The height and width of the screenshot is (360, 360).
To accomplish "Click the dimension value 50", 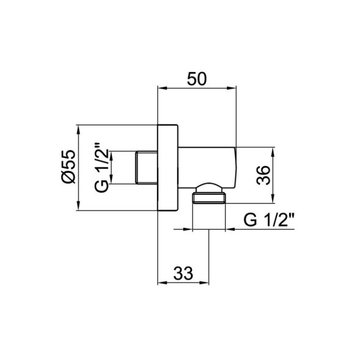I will pos(197,79).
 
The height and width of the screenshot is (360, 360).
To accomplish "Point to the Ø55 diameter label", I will pos(68,166).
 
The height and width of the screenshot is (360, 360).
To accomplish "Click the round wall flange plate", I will pos(169,167).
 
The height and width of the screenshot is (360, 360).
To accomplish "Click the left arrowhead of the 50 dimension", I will pos(162,87).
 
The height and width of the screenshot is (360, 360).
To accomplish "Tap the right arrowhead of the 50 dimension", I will pos(233,87).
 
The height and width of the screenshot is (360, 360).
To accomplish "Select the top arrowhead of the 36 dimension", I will pos(273,150).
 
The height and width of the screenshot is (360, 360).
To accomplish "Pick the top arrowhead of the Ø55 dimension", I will pos(79,130).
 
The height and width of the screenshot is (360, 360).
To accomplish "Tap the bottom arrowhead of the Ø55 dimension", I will pos(79,205).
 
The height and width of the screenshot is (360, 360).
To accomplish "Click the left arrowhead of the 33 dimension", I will pos(162,284).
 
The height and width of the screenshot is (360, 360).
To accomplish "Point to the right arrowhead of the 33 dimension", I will pos(205,284).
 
